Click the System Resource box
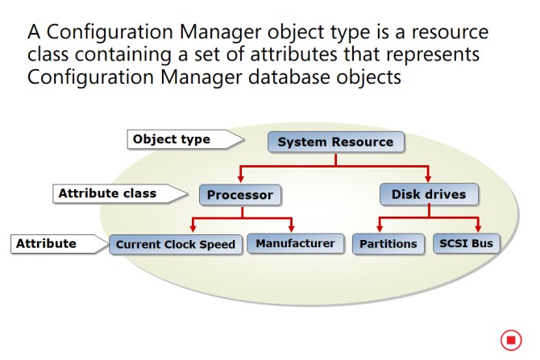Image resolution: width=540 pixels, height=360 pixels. pos(336,142)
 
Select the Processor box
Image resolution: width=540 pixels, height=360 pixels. pos(240,195)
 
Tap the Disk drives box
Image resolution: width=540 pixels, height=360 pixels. pos(429,194)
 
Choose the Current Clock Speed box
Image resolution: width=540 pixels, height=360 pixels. pos(175,244)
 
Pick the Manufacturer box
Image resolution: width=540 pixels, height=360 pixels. pos(295,243)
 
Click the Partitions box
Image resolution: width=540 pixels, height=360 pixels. pos(388,244)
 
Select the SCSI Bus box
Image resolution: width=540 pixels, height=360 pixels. pos(466,243)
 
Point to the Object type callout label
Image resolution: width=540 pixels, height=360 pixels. pos(185,139)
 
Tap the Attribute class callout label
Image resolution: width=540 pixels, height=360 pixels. pos(120,193)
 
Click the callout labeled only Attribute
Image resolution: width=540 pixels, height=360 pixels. pos(59,244)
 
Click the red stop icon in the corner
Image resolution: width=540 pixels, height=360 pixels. pos(511,340)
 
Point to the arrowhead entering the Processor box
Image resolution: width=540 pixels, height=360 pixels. pos(241,179)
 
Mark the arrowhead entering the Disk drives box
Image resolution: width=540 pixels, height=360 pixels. pos(428,178)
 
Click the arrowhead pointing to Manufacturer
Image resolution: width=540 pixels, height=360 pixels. pos(291,228)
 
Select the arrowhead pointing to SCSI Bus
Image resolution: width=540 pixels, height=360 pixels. pos(478,228)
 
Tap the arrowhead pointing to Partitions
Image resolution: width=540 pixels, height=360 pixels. pos(380,228)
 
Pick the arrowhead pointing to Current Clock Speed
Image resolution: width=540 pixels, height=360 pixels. pos(193,228)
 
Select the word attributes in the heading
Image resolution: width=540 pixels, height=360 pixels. pos(293,54)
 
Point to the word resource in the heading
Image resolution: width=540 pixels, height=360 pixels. pos(450,32)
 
